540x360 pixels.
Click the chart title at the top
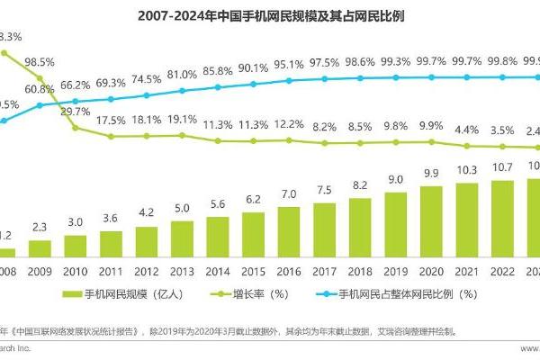270,15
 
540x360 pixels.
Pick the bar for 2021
467,215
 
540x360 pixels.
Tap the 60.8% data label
40,90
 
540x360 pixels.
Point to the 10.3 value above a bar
467,170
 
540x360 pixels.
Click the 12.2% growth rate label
289,124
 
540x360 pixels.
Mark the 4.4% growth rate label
467,130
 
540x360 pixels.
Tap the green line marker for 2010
76,128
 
